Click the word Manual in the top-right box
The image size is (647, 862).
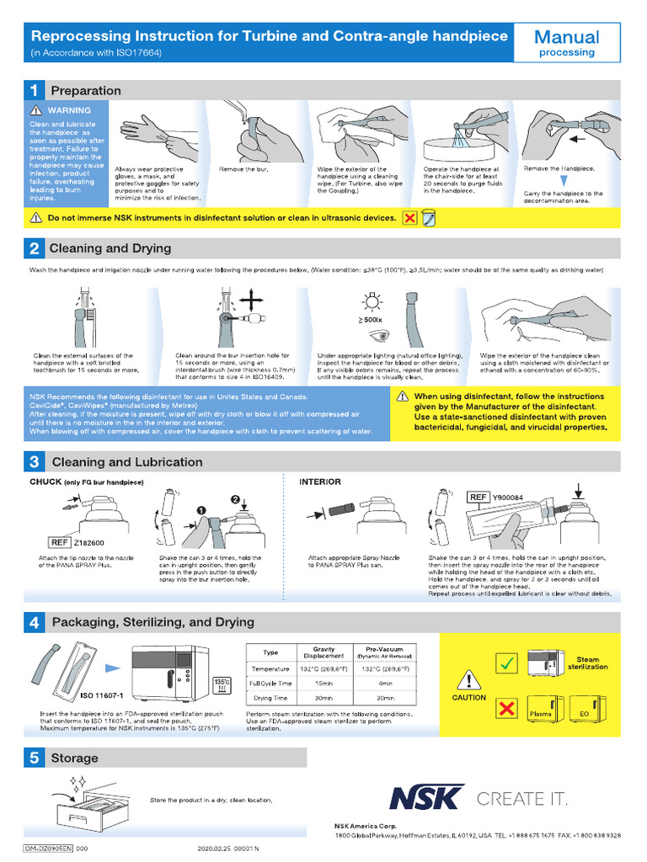point(567,37)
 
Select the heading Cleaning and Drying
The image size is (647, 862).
point(110,248)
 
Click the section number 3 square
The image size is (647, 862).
point(35,462)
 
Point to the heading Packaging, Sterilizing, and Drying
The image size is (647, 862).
point(152,622)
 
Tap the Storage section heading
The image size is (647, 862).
point(74,758)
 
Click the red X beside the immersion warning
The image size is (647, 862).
point(410,218)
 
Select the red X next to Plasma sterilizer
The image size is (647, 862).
point(506,709)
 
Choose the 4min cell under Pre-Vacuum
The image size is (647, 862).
point(386,683)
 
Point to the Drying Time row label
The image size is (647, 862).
point(270,698)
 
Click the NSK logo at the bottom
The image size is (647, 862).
point(426,798)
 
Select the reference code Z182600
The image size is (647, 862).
point(89,543)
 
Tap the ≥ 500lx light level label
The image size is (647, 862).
point(370,321)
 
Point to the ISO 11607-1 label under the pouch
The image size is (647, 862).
point(102,696)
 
